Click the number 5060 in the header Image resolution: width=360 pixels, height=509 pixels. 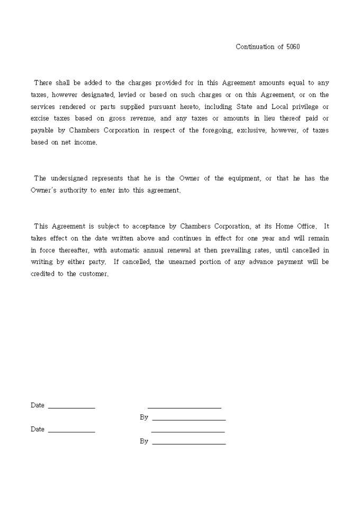click(x=293, y=47)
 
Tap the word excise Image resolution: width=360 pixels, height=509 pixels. click(x=40, y=118)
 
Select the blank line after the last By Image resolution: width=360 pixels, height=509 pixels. click(x=188, y=443)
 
